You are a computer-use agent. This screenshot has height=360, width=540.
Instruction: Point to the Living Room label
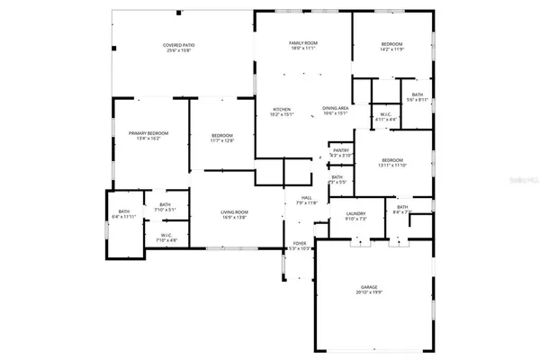(235, 211)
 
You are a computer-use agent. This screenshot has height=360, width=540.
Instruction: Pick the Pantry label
(341, 150)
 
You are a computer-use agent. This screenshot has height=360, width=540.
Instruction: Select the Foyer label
(298, 242)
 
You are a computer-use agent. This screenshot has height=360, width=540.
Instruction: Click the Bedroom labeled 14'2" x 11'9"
(391, 43)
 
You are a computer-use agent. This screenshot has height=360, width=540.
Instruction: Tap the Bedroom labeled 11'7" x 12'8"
(222, 135)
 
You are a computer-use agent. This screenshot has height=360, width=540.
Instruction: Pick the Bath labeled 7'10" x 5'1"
(165, 204)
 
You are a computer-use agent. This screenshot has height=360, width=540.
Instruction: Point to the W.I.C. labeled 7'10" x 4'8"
(165, 236)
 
